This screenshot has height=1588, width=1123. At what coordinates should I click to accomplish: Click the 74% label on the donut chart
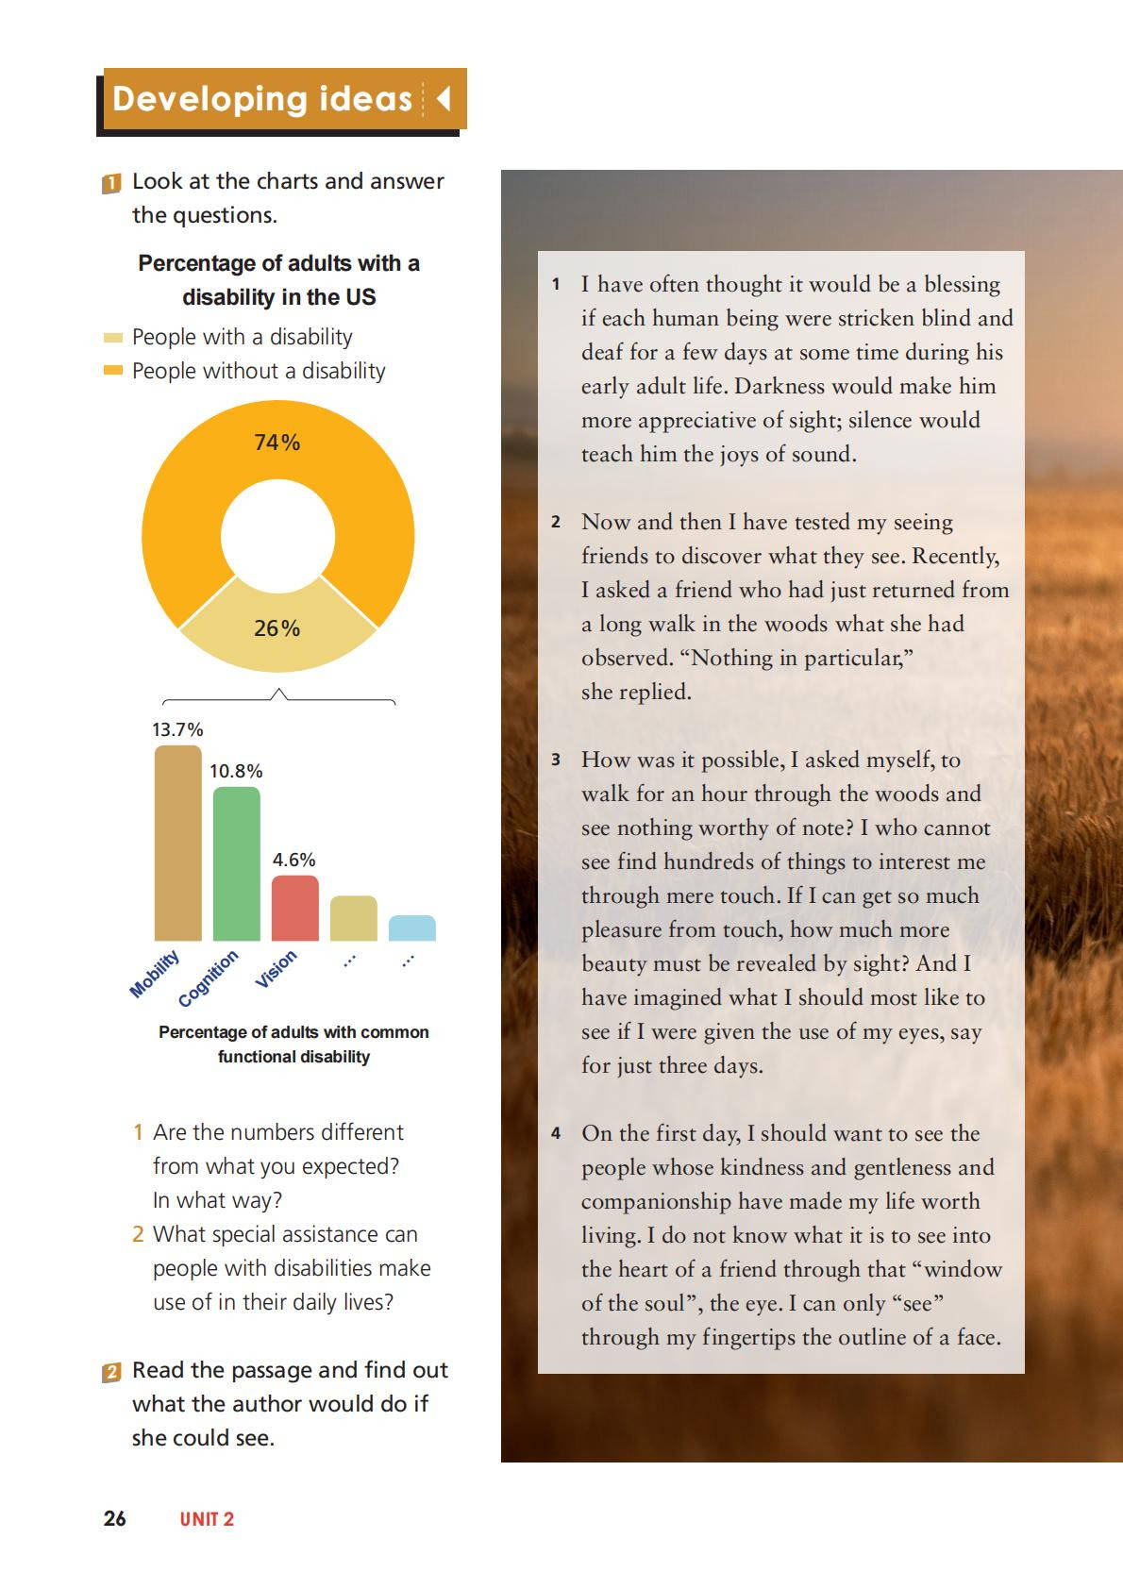pyautogui.click(x=277, y=443)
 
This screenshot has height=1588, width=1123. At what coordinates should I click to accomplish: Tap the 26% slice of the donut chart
pyautogui.click(x=277, y=628)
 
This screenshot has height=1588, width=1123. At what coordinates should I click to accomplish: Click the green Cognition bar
pyautogui.click(x=236, y=863)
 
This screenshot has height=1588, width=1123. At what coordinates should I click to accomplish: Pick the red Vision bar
pyautogui.click(x=294, y=908)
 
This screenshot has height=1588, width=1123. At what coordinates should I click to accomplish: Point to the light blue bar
pyautogui.click(x=412, y=928)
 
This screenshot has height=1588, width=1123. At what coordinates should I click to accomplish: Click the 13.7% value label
pyautogui.click(x=177, y=729)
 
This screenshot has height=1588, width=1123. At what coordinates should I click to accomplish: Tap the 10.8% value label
pyautogui.click(x=236, y=771)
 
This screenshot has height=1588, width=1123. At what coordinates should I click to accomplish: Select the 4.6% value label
pyautogui.click(x=294, y=860)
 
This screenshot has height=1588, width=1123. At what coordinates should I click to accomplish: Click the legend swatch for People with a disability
pyautogui.click(x=113, y=338)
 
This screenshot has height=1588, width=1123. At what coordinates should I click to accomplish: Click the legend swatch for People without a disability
pyautogui.click(x=113, y=371)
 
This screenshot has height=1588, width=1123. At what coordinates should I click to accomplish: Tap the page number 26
pyautogui.click(x=114, y=1518)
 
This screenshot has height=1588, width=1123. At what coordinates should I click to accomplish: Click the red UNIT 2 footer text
pyautogui.click(x=207, y=1519)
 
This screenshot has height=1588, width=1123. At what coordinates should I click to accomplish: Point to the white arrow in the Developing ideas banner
pyautogui.click(x=444, y=98)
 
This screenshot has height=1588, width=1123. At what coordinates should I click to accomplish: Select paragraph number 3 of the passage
pyautogui.click(x=556, y=760)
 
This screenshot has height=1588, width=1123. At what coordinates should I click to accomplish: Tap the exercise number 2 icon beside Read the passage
pyautogui.click(x=111, y=1372)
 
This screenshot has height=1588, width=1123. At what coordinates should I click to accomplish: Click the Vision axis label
pyautogui.click(x=277, y=969)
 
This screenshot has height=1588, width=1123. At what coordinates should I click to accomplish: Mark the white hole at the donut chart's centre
pyautogui.click(x=277, y=535)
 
